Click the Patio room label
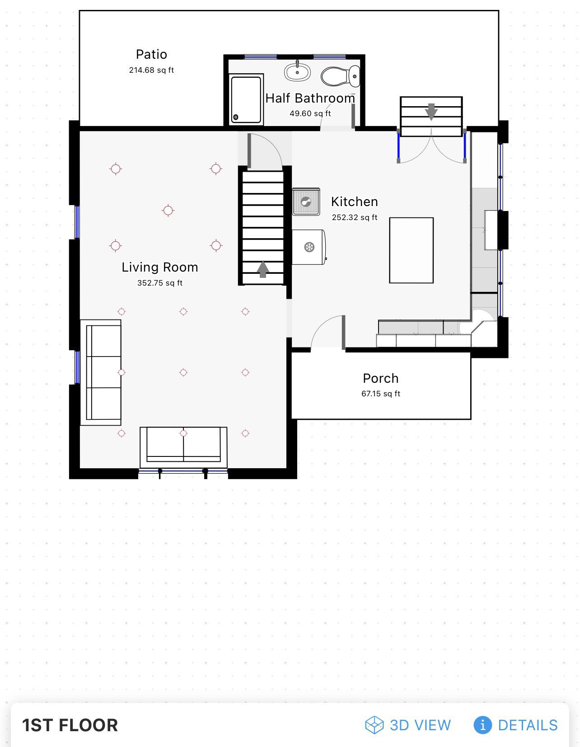[151, 55]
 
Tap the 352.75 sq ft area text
[160, 283]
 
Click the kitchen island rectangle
[411, 250]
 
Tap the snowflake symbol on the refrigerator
[309, 247]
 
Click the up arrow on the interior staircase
[263, 269]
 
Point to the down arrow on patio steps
[431, 111]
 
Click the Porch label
[380, 378]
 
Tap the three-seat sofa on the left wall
[101, 372]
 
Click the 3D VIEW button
[408, 725]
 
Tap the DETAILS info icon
[482, 725]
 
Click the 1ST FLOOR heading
[70, 725]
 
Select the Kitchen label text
[354, 202]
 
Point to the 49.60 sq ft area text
[310, 113]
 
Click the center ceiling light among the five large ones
[168, 211]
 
